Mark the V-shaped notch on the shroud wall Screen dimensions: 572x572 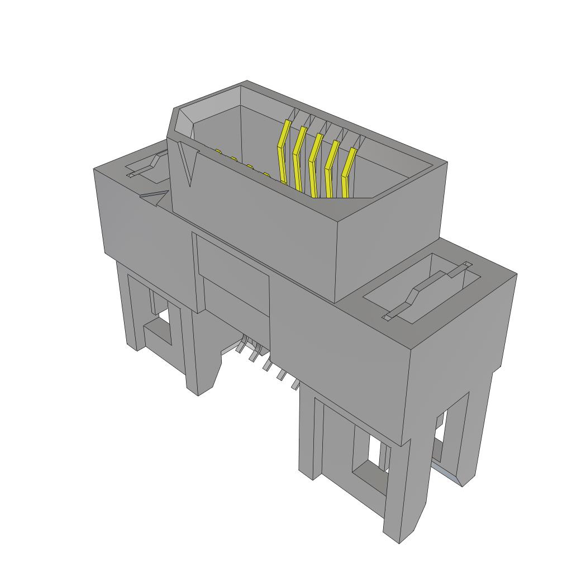click(x=189, y=162)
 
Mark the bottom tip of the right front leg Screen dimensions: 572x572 click(x=399, y=533)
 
